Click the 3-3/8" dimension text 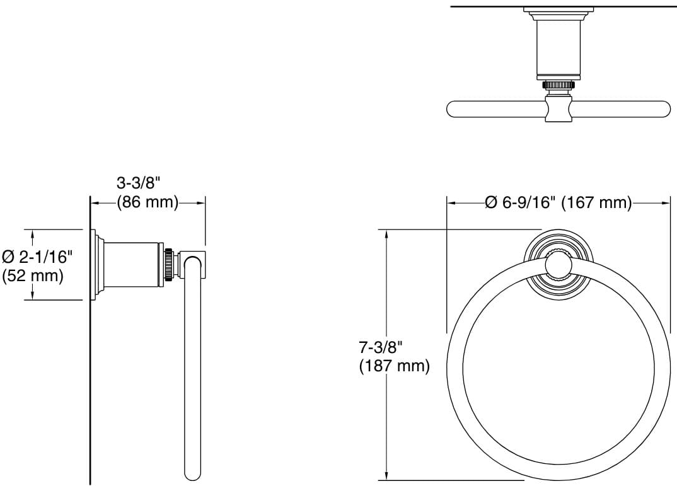click(139, 183)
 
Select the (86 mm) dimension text click(148, 202)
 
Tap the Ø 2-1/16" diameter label click(38, 257)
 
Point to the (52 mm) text click(33, 275)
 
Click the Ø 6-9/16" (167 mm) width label click(558, 202)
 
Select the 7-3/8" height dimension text click(381, 347)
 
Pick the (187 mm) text click(394, 366)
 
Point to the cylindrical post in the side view click(131, 263)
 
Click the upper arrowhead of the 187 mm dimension click(386, 234)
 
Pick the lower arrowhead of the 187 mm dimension click(386, 476)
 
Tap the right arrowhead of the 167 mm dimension click(666, 202)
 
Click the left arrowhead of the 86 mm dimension click(95, 202)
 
